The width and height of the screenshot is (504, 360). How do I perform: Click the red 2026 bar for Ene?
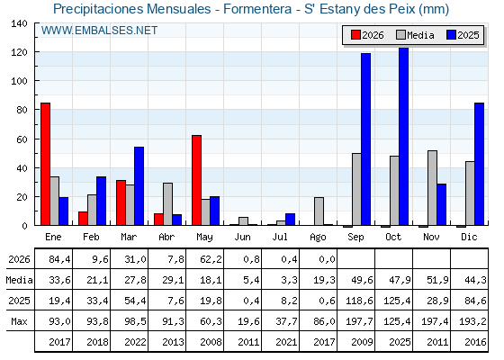[45, 164]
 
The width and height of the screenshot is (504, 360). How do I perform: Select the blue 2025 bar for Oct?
[404, 136]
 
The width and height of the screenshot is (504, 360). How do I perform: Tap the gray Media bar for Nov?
[432, 188]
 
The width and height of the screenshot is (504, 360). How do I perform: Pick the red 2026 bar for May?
[197, 180]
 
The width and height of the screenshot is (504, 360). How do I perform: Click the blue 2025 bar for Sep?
[365, 139]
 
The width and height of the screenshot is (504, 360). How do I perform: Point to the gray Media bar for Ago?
[319, 211]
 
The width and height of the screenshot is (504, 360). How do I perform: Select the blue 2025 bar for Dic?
[479, 164]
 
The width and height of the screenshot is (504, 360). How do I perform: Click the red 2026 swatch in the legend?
[355, 35]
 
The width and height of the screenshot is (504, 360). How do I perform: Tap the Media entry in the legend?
[415, 35]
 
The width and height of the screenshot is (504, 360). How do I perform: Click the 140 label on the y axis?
[19, 23]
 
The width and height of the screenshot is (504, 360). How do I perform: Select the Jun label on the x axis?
[242, 238]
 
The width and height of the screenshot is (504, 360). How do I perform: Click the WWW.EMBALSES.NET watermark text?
[99, 31]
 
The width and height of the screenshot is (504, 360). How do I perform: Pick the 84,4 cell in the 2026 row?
[59, 259]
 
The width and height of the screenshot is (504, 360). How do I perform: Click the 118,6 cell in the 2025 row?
[359, 301]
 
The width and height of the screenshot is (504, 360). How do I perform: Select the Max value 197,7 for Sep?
[359, 321]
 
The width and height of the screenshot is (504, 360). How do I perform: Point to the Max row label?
[19, 321]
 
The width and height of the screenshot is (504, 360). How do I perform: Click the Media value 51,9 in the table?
[437, 280]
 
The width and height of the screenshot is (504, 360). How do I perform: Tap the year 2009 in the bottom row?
[362, 342]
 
